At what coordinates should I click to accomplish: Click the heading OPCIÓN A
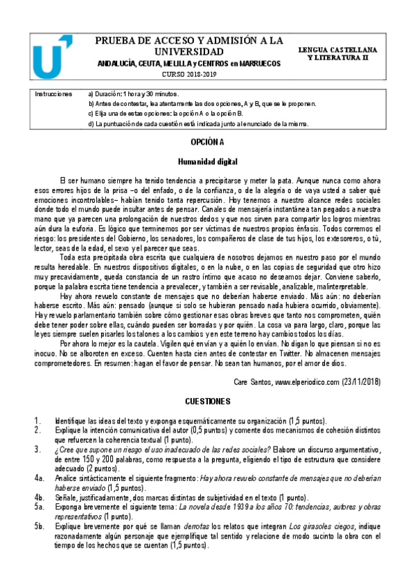208,142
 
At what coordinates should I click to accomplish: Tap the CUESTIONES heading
207,401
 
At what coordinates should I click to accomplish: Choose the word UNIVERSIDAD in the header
188,52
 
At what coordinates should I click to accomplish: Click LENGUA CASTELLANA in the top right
348,51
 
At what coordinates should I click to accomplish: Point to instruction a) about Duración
134,93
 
